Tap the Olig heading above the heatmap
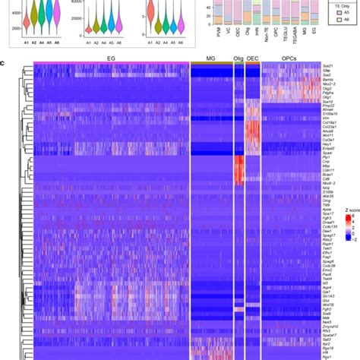(x=238, y=59)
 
